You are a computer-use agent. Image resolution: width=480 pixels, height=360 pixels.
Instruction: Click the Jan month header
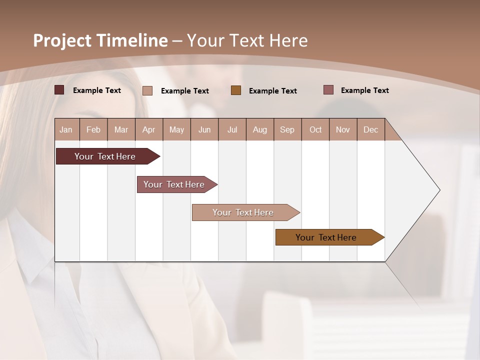coord(66,130)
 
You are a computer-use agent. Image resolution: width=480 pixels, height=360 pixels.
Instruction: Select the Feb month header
coord(93,130)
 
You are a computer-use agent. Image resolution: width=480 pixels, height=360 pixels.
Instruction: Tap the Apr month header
coord(148,130)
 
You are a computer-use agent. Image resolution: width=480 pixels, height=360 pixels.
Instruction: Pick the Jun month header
coord(204,130)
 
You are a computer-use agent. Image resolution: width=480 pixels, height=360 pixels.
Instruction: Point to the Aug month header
coord(259,130)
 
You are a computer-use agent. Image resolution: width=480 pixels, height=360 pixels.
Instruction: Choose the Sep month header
coord(287,130)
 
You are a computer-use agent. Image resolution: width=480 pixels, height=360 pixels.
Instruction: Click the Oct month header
coord(315,130)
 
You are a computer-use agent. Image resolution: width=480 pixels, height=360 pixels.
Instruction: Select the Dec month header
coord(370,130)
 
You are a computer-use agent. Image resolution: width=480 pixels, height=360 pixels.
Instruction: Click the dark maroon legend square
coord(59,90)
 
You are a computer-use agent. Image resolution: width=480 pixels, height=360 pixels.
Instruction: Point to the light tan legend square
coord(147,90)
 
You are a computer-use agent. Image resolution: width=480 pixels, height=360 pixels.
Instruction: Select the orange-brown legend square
coord(236,90)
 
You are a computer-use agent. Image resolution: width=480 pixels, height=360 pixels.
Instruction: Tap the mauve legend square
coord(328,90)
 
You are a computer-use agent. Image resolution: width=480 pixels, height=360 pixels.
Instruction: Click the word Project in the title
coord(62,40)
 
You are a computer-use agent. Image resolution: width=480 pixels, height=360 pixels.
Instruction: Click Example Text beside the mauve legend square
coord(364,90)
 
